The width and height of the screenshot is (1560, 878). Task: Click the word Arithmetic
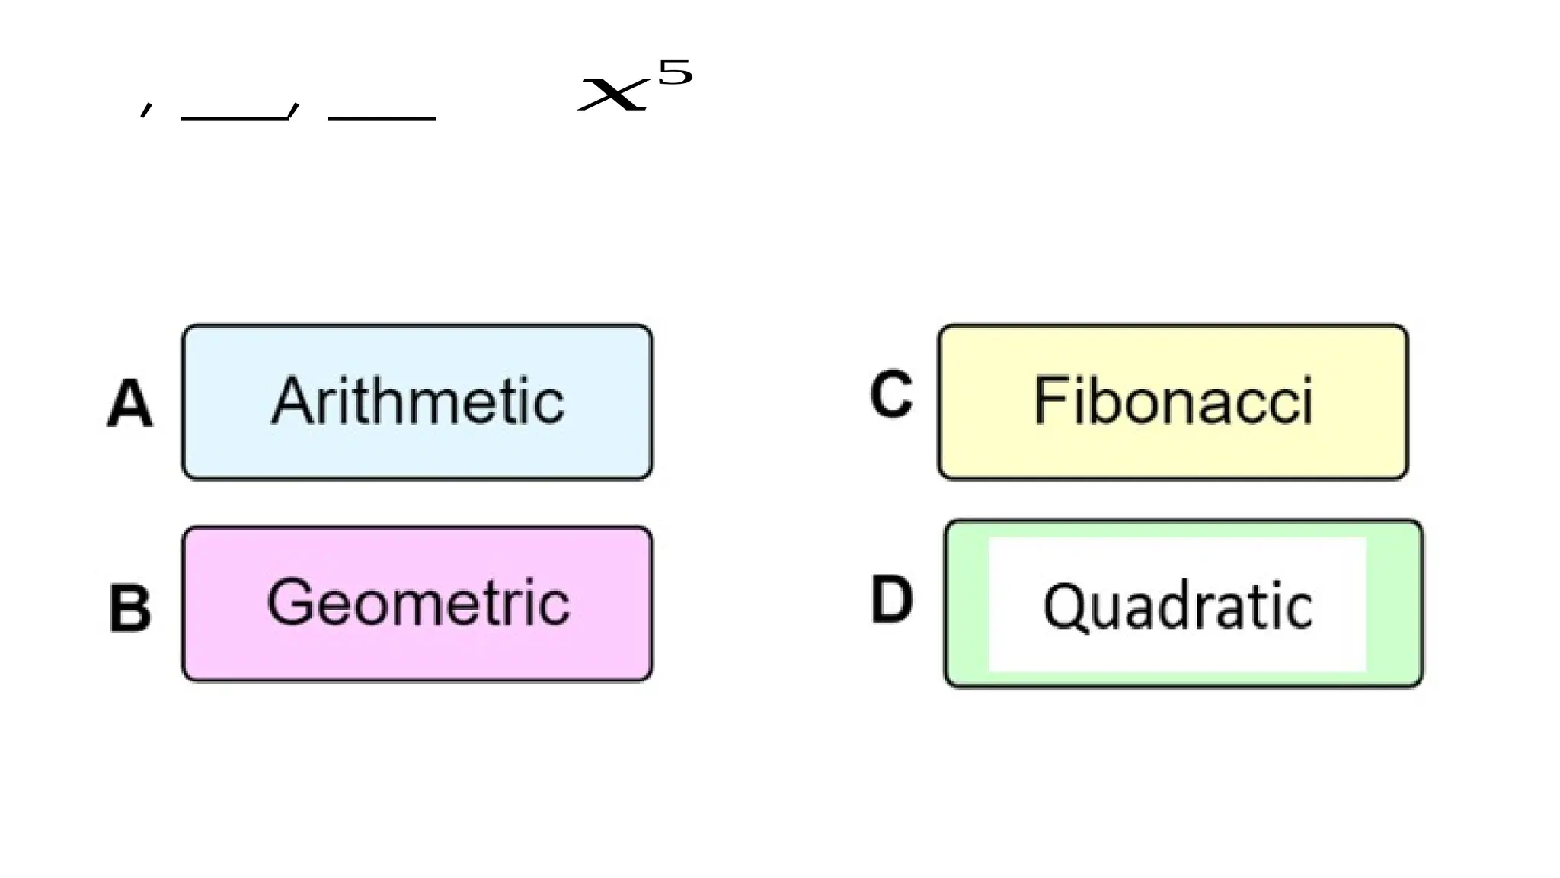click(417, 402)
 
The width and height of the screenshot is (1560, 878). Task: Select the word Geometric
click(417, 603)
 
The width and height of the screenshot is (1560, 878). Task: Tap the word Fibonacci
click(1173, 401)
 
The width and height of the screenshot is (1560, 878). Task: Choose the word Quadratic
click(1178, 606)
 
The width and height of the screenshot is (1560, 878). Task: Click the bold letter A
click(129, 403)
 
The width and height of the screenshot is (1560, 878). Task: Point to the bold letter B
click(130, 608)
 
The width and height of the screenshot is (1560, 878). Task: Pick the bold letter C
click(891, 395)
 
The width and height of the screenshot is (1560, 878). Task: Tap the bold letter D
click(891, 600)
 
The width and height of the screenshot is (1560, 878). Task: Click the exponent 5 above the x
click(675, 73)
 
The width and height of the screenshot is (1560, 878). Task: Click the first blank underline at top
click(233, 118)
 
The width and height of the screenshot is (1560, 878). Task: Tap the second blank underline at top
click(382, 118)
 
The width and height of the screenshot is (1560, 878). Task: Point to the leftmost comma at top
click(146, 111)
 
